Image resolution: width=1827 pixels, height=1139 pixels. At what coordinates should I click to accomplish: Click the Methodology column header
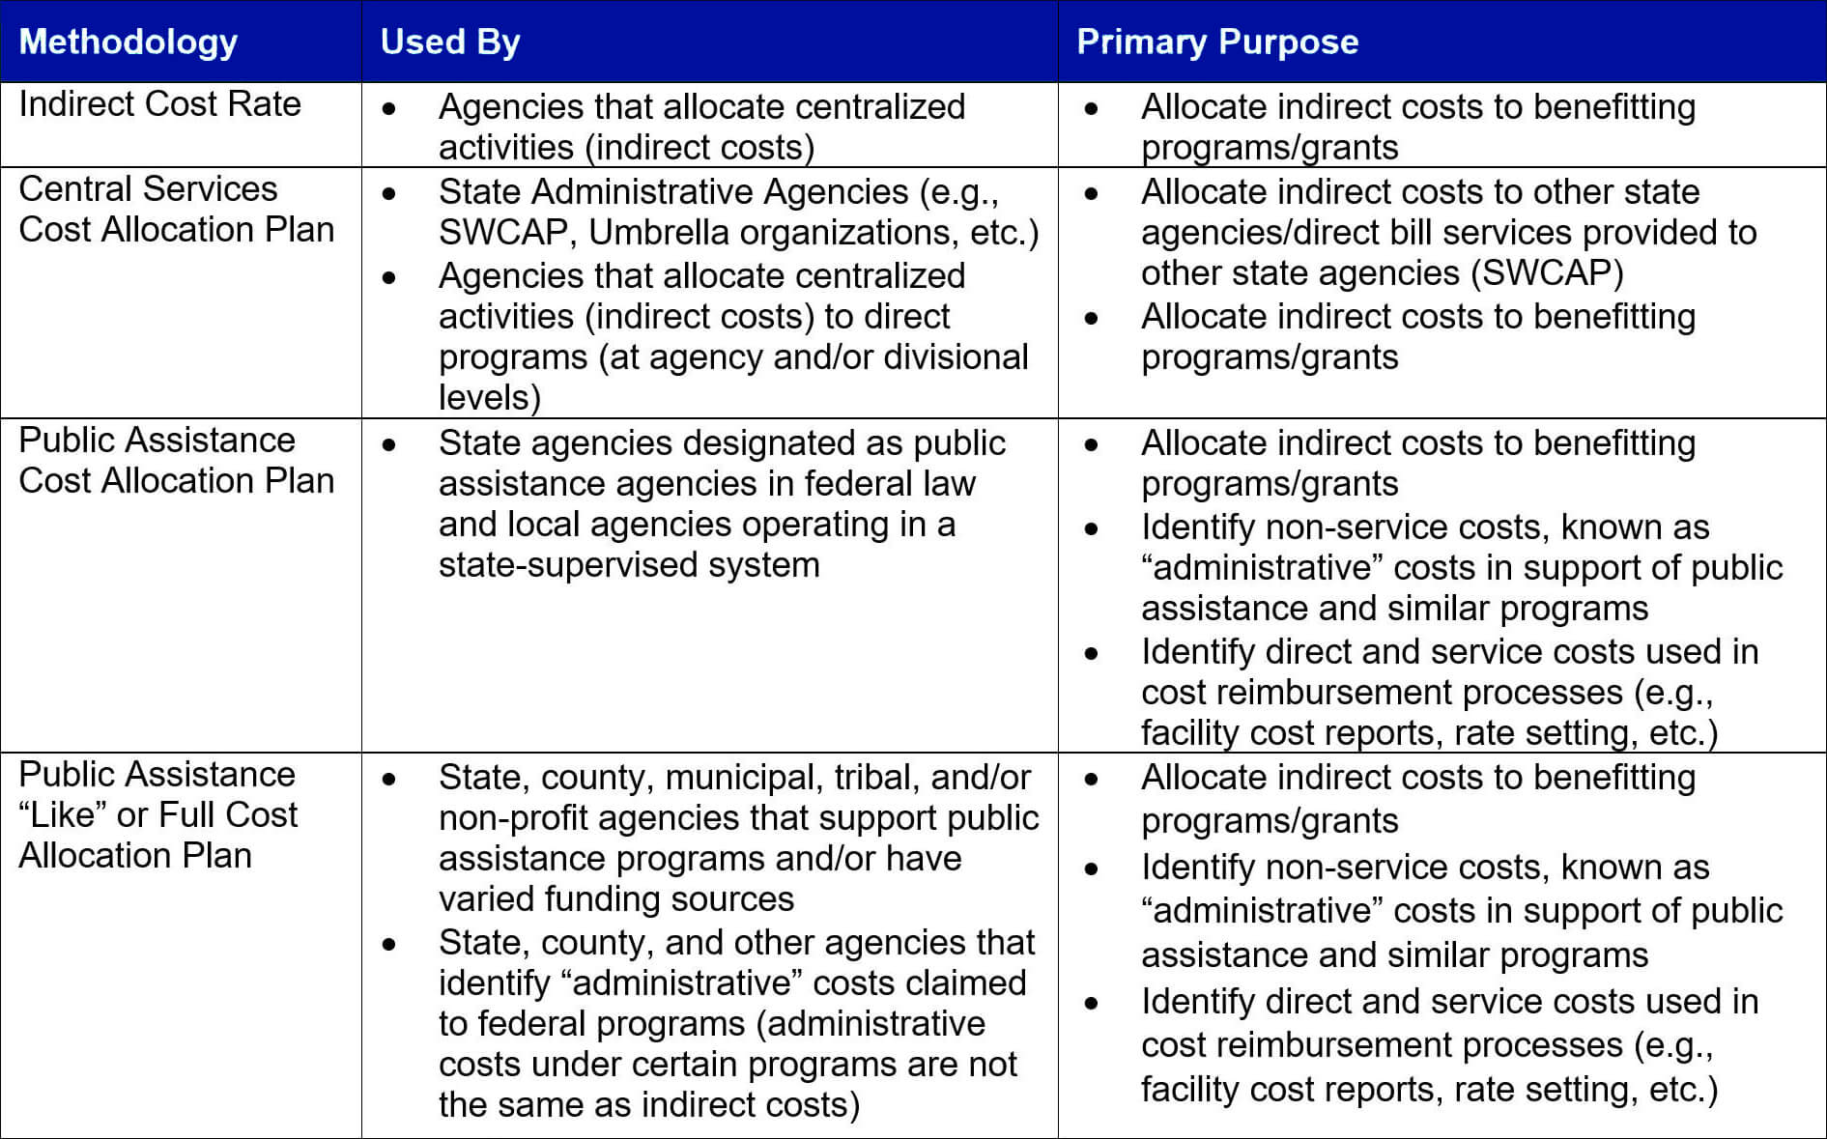(x=128, y=42)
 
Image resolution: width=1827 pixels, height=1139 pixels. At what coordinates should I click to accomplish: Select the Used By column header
(x=450, y=42)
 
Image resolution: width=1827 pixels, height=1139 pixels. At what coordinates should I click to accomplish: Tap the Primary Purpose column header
(x=1217, y=42)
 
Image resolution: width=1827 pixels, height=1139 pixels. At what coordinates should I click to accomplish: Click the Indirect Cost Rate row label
(x=159, y=104)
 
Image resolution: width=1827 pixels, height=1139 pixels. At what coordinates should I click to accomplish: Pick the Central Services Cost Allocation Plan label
(x=176, y=210)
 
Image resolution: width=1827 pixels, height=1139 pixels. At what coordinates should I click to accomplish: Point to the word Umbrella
(x=658, y=233)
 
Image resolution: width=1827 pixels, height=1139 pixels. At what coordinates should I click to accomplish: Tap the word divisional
(x=956, y=357)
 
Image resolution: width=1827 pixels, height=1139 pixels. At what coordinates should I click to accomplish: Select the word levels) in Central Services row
(x=489, y=398)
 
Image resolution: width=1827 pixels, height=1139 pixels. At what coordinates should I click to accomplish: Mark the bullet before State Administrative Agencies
(x=389, y=193)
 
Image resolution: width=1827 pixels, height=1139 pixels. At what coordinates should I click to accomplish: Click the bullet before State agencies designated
(x=389, y=444)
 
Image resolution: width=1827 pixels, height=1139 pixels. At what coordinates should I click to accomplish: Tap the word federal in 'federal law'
(x=854, y=484)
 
